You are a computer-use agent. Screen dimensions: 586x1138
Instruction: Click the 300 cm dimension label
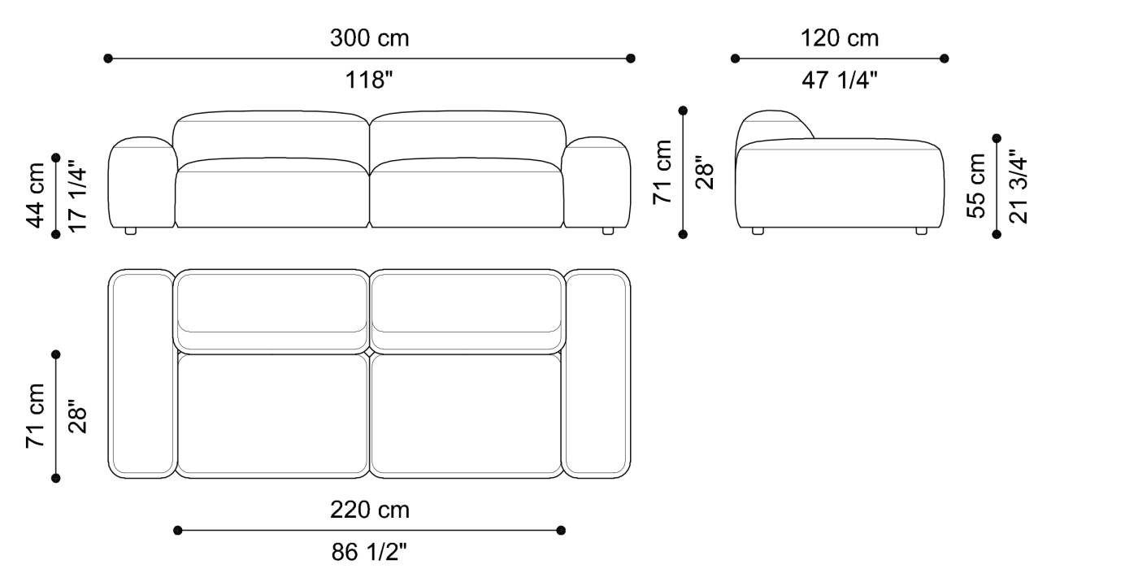click(369, 37)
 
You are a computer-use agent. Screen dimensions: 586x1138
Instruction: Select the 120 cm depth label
click(840, 37)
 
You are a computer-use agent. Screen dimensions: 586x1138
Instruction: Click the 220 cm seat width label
click(369, 510)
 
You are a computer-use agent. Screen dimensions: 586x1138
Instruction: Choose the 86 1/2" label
click(369, 553)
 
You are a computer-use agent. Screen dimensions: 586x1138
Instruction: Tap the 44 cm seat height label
click(36, 195)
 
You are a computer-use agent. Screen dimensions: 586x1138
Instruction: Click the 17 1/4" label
click(77, 195)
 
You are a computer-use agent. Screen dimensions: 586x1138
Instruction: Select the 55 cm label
click(976, 185)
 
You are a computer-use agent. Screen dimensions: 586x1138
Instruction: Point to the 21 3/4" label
click(1018, 185)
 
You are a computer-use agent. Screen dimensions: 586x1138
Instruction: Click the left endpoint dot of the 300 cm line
click(108, 59)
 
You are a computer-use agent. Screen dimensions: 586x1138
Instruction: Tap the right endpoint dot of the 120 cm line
click(944, 59)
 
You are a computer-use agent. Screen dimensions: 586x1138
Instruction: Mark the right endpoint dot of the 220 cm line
click(561, 531)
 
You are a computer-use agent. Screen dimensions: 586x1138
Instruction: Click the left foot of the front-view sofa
click(130, 232)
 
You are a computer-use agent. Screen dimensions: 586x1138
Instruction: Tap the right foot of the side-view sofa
click(921, 231)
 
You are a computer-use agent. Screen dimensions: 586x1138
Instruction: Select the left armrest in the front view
click(141, 183)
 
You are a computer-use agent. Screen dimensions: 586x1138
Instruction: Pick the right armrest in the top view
click(597, 374)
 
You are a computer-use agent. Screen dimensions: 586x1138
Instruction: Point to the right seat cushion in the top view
click(466, 415)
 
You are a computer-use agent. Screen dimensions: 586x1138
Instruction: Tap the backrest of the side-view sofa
click(772, 126)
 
